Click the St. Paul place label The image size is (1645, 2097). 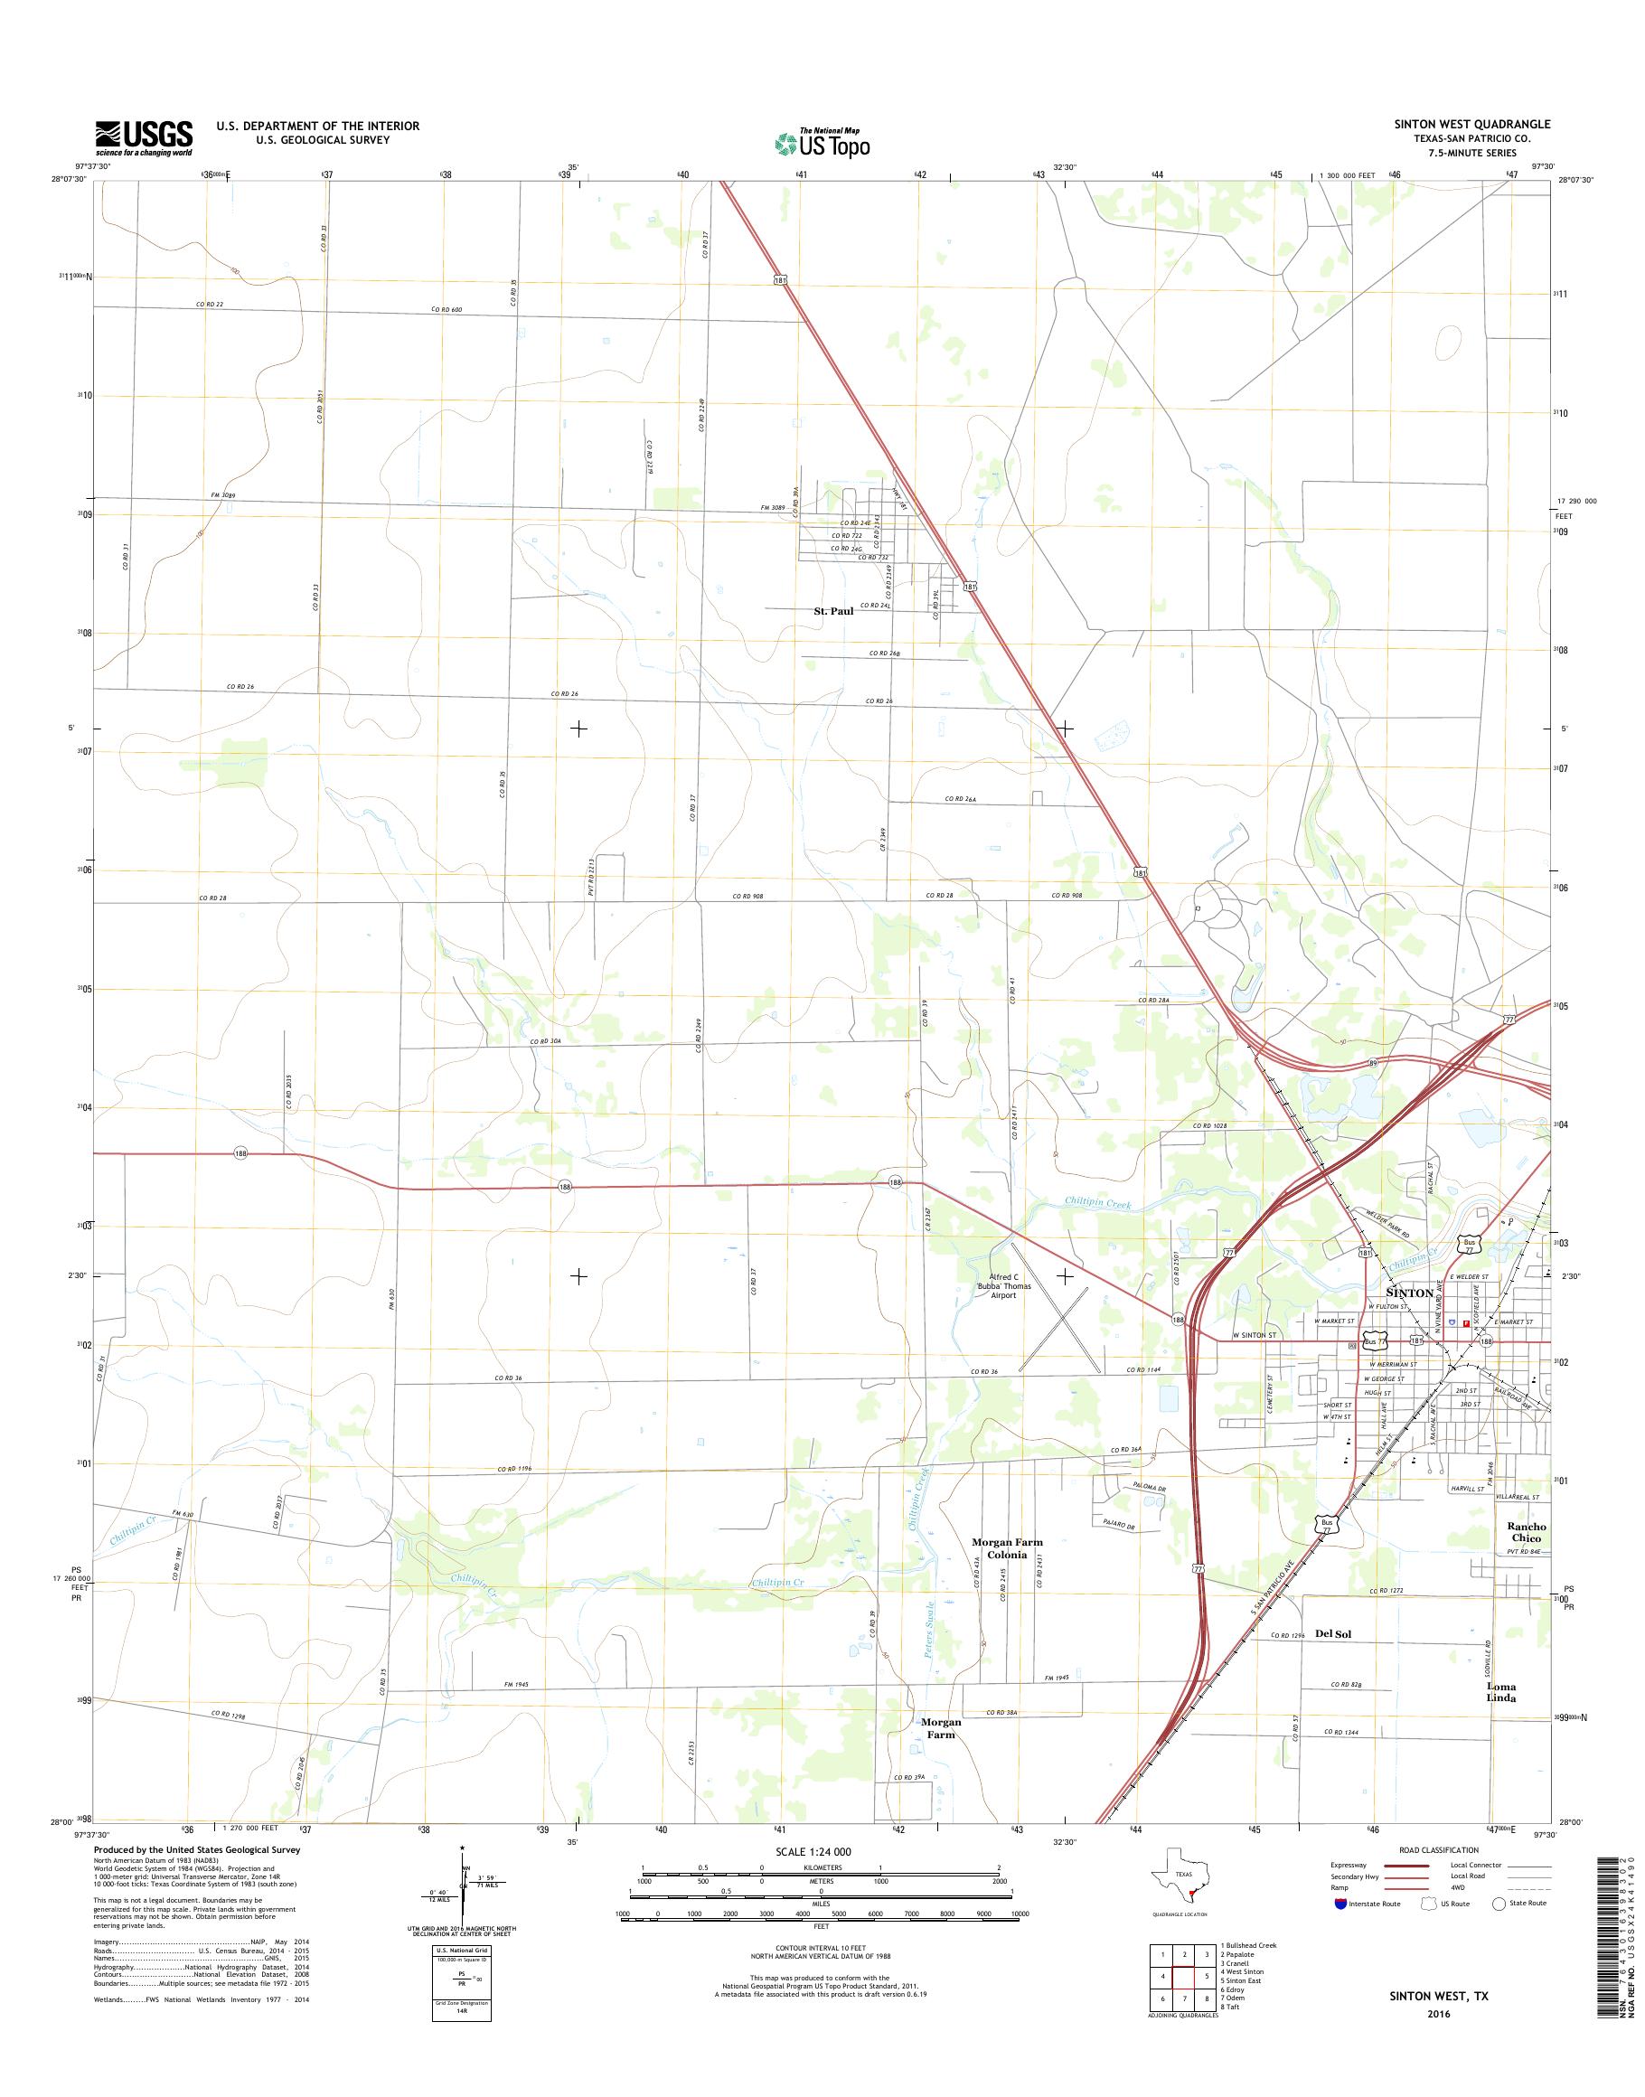[833, 611]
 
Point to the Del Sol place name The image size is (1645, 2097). [1333, 1633]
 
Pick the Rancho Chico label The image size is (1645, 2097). [1527, 1531]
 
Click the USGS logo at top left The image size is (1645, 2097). [144, 138]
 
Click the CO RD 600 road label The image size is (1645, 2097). [446, 309]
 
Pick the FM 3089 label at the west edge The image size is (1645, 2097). [222, 495]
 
